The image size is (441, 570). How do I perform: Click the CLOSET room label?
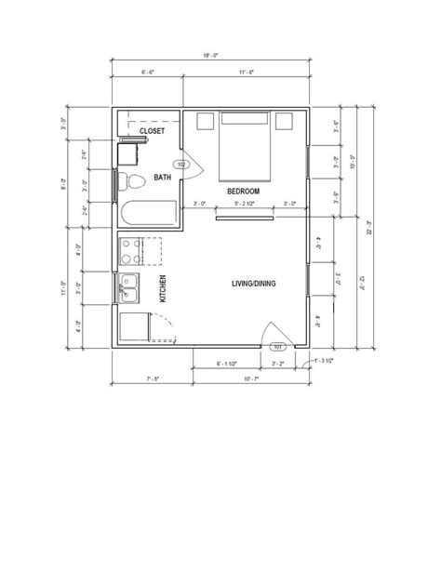coord(152,132)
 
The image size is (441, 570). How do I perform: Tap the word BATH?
coord(162,177)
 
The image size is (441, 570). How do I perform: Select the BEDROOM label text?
coord(243,191)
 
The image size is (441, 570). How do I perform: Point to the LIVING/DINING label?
coord(253,284)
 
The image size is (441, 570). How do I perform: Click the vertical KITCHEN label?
coord(163,289)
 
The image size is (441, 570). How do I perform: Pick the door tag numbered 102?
coord(181,165)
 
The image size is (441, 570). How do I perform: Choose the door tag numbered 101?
coord(278,350)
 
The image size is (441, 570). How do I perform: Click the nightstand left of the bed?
coord(204,120)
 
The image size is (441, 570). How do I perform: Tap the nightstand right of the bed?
coord(286,120)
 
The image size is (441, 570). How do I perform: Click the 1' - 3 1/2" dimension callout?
coord(323,360)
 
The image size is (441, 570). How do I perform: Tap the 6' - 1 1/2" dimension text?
coord(228,363)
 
